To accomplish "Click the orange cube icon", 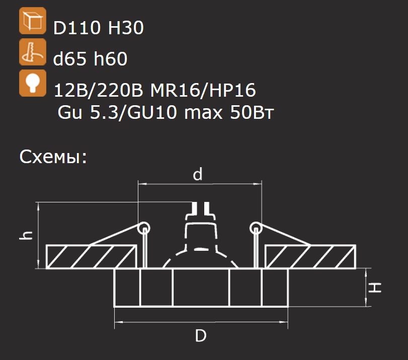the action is coord(33,21).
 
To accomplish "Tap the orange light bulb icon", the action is coord(33,83).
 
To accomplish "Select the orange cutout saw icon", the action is coord(33,52).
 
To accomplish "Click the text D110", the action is coord(77,28).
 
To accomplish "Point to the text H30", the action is coord(126,28).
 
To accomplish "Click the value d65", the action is coord(69,58).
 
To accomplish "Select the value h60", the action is coord(111,58).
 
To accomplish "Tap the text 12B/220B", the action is coord(99,91).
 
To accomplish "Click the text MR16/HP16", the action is coord(203,91).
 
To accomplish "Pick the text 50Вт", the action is coord(252,113).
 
